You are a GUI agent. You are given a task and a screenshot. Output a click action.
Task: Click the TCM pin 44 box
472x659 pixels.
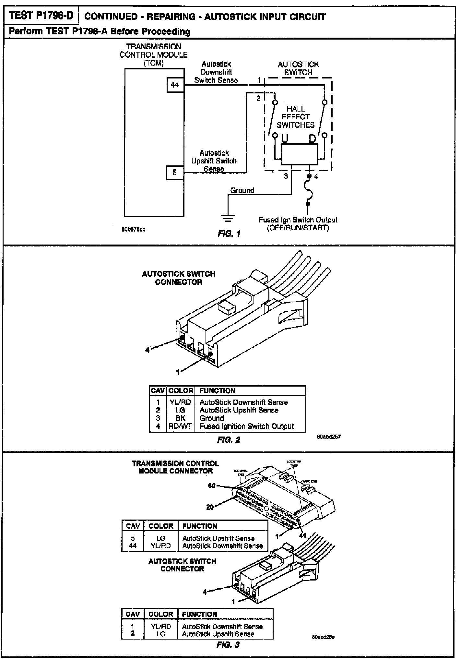175,85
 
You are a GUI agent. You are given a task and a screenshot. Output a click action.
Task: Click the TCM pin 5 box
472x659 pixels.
175,173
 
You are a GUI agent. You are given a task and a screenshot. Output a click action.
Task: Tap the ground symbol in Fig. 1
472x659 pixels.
228,218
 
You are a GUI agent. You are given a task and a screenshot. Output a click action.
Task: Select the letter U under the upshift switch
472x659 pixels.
285,139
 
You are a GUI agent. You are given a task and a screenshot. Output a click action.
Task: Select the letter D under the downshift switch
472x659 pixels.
312,139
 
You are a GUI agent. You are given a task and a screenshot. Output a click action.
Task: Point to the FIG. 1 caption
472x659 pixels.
229,234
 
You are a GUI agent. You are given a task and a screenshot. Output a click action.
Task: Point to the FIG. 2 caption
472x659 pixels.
229,440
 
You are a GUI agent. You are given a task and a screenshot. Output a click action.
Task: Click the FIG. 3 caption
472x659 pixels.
228,645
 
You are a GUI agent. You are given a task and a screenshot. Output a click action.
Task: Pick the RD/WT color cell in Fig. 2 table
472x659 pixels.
180,426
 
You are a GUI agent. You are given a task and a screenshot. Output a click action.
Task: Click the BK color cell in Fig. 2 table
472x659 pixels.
180,418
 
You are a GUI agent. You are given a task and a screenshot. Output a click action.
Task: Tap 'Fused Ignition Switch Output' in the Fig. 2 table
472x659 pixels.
246,426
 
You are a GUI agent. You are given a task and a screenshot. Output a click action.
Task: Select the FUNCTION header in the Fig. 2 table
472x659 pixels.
217,390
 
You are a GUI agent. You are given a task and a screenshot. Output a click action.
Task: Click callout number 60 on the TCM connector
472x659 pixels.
212,485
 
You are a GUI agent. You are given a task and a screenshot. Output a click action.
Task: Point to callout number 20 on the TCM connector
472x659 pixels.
210,507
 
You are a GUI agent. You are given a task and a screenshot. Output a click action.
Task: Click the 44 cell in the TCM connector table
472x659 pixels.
133,546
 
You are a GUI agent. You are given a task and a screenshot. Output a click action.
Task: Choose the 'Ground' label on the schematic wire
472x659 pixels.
242,190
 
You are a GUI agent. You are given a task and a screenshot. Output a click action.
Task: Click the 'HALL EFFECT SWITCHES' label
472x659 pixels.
295,117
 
